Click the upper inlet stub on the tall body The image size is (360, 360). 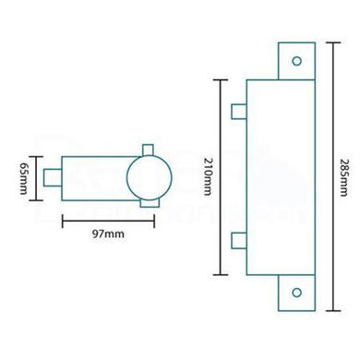[238, 112]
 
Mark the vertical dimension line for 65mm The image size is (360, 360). [37, 174]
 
